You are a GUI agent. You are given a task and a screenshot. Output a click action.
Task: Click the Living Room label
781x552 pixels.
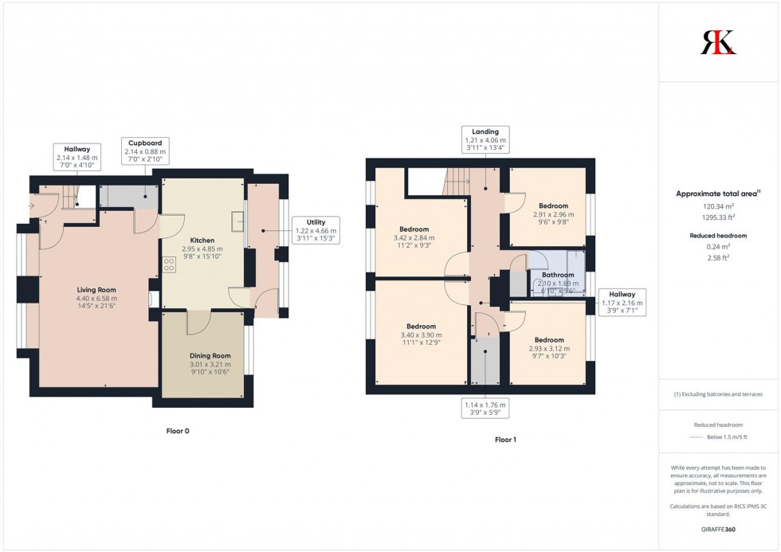tap(96, 290)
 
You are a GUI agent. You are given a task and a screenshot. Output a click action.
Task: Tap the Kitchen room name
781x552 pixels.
tap(202, 241)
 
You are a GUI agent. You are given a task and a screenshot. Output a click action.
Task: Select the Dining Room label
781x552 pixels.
tap(210, 356)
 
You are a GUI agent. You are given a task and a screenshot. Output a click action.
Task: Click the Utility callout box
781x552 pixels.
tap(316, 230)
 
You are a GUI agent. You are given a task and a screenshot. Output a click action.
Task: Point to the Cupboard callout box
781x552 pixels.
tap(145, 151)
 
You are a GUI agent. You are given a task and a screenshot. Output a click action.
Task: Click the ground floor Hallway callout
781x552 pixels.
tap(77, 157)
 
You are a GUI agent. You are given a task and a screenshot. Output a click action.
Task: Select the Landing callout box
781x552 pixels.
tap(485, 139)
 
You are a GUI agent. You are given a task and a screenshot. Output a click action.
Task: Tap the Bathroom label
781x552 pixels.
tap(558, 275)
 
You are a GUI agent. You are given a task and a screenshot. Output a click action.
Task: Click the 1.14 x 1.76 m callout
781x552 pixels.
tap(485, 409)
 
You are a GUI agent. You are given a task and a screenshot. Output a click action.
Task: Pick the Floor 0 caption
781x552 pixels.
tap(178, 431)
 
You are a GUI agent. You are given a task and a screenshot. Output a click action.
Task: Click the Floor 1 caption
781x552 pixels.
tap(505, 440)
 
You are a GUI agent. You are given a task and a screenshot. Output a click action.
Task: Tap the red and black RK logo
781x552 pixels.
tap(718, 42)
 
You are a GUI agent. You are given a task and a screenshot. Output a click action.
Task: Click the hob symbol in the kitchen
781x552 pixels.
tap(168, 264)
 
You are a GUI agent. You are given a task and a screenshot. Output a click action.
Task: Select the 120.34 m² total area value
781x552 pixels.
tap(718, 206)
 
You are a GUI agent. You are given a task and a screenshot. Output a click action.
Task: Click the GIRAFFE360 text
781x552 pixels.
tap(718, 529)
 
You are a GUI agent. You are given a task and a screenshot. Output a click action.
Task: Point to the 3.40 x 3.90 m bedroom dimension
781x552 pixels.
tap(421, 335)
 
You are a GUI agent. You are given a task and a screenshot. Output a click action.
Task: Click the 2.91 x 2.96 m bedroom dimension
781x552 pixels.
tap(553, 214)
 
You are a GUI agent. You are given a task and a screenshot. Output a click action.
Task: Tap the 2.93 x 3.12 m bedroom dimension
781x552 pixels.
tap(549, 348)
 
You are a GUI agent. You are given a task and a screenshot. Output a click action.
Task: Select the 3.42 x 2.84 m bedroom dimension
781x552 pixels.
tap(414, 238)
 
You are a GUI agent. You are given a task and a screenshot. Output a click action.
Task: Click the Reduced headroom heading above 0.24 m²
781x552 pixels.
tap(718, 236)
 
